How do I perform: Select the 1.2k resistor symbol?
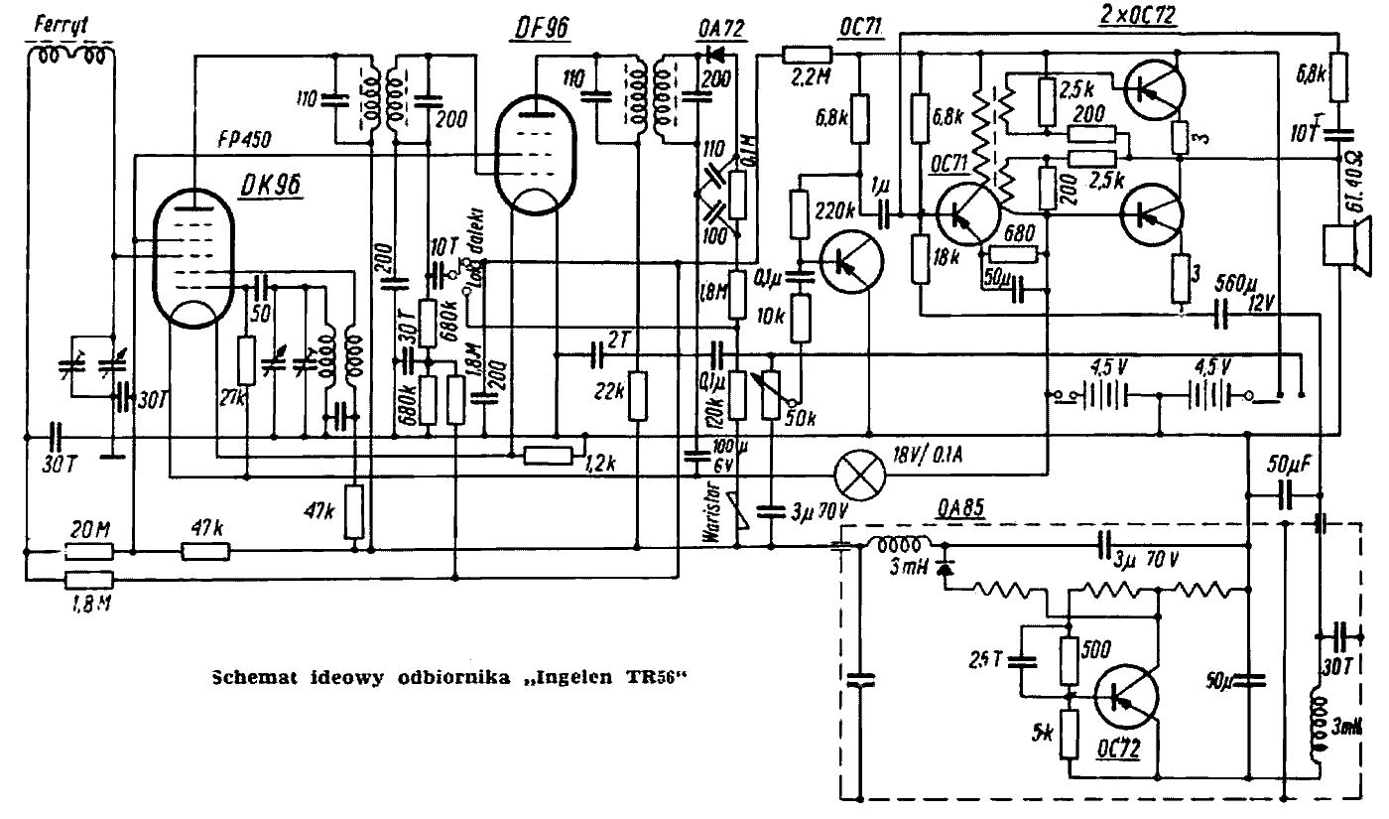tap(548, 456)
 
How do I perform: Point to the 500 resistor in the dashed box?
tap(1070, 661)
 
